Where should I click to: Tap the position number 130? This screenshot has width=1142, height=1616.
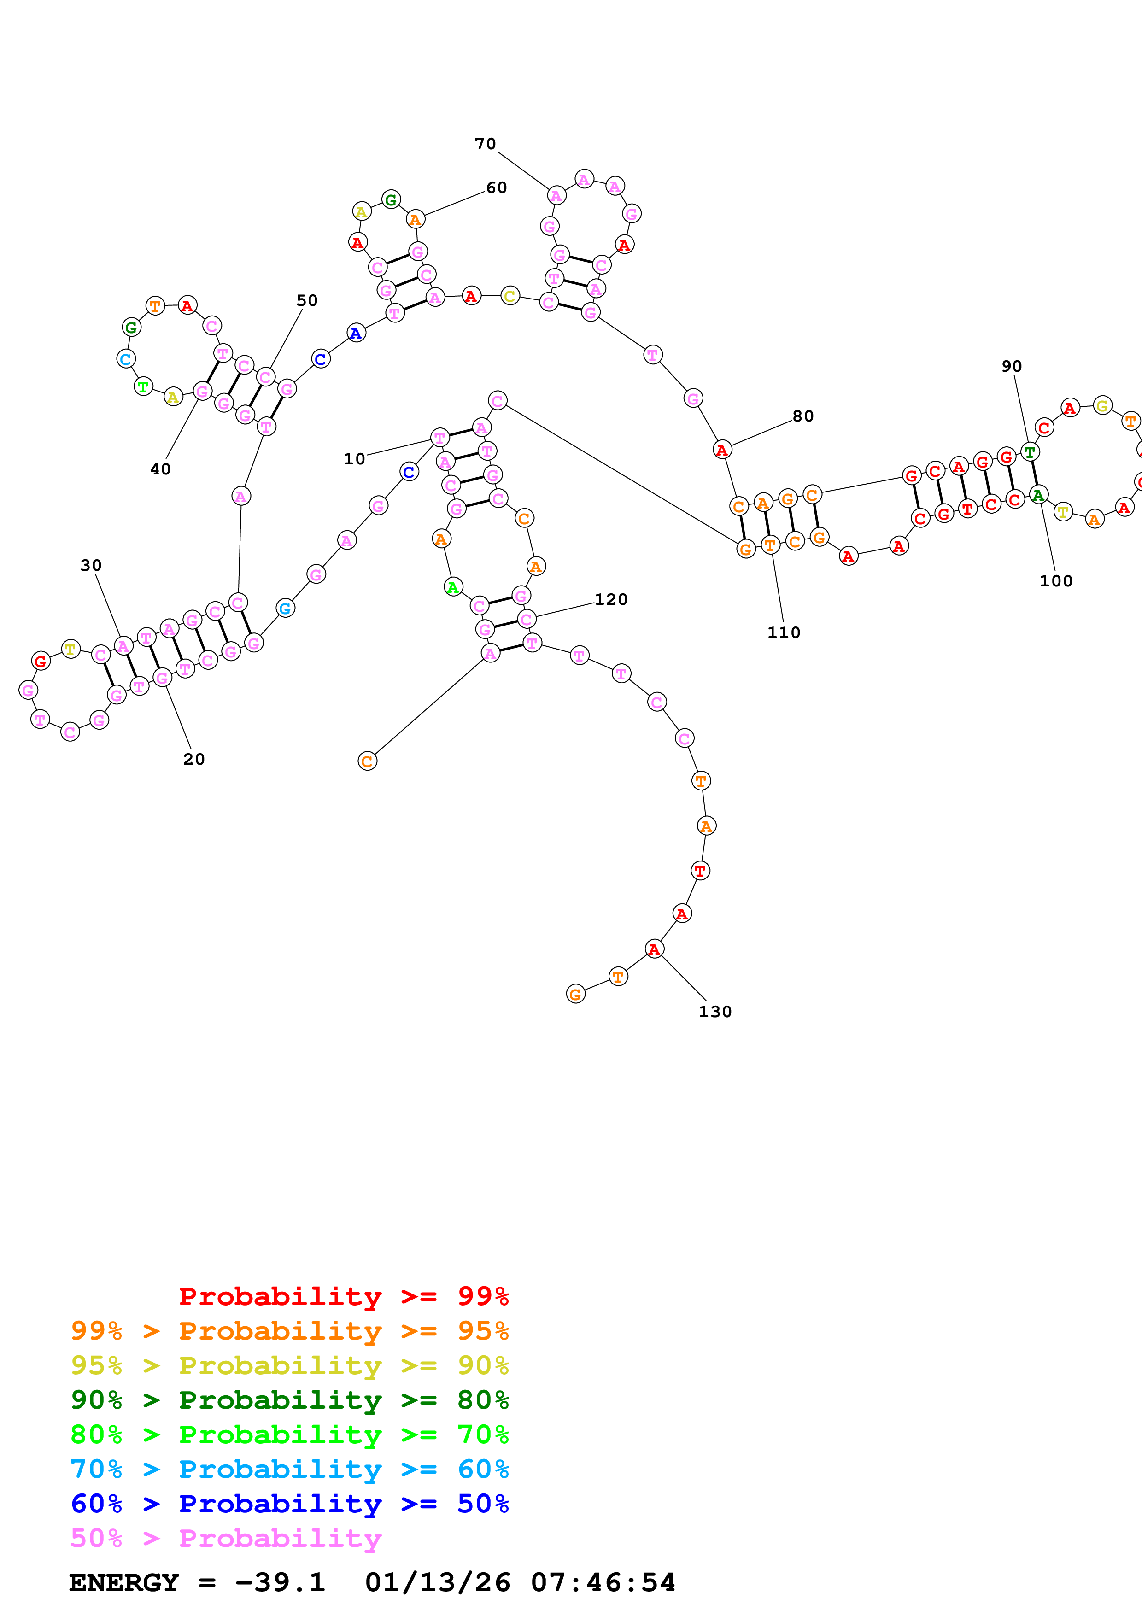(x=715, y=1012)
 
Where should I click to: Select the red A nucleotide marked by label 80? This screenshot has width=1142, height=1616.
(x=722, y=450)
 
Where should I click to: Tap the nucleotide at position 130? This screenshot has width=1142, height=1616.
(x=654, y=949)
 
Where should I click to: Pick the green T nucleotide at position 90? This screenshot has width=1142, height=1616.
(x=1030, y=452)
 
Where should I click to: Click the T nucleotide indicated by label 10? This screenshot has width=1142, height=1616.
(x=440, y=438)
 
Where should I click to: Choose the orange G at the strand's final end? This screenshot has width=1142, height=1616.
(x=575, y=994)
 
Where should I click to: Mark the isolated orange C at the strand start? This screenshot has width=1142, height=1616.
(x=367, y=761)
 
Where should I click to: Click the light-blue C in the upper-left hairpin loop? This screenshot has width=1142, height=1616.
(x=126, y=359)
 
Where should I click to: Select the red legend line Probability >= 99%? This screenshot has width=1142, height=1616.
(x=343, y=1296)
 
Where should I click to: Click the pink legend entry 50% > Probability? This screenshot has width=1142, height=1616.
(x=225, y=1538)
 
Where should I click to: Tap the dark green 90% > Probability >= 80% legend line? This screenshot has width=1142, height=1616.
(x=289, y=1400)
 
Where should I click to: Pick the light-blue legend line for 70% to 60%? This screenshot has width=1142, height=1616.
(x=289, y=1469)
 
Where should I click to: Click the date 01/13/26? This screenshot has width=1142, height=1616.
(x=437, y=1582)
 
